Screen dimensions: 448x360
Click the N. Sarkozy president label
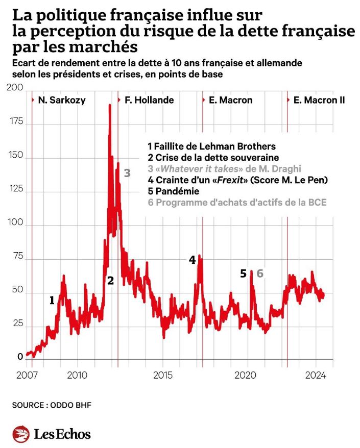click(62, 100)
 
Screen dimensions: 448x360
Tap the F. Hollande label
click(149, 100)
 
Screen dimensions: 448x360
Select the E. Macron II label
click(319, 100)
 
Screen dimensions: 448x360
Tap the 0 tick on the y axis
click(20, 357)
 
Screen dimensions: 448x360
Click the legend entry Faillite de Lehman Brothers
click(211, 146)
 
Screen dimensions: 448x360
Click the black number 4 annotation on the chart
click(192, 260)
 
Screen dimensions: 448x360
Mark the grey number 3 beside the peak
click(127, 173)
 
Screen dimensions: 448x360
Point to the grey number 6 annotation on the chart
click(259, 273)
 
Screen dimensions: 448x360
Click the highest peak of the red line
click(109, 105)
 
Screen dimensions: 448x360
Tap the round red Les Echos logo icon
click(21, 434)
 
